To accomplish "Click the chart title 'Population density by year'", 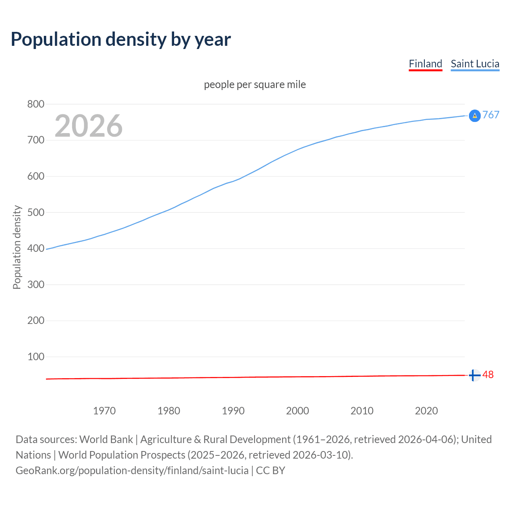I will [121, 39].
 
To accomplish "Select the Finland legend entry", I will [425, 64].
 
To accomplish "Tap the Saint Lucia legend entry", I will [475, 64].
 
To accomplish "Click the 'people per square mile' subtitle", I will [255, 84].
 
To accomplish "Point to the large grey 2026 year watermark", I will [88, 126].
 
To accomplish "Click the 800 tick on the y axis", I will [35, 104].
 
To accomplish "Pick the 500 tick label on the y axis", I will [35, 212].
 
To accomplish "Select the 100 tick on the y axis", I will [35, 357].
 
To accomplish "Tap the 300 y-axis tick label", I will [35, 284].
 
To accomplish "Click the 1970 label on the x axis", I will [104, 411].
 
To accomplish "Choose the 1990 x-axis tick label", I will [233, 411].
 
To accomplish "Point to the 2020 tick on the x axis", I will [426, 411].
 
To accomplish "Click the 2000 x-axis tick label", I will [298, 411].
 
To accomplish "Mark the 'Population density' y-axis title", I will [17, 247].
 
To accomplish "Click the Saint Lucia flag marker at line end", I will [475, 116].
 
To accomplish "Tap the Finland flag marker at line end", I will [474, 375].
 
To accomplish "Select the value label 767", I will [491, 115].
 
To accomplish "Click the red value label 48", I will [488, 375].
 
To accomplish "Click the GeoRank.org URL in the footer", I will [132, 471].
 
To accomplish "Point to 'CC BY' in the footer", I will [271, 471].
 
